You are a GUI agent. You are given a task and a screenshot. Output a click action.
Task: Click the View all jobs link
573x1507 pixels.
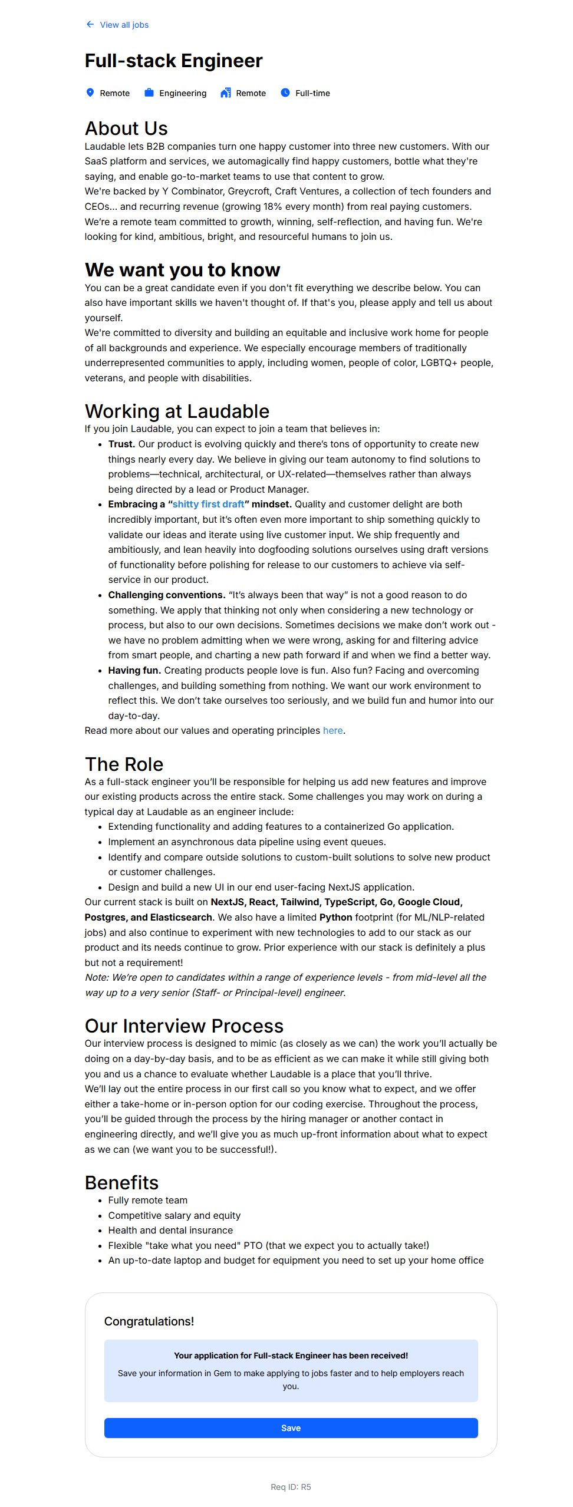click(124, 25)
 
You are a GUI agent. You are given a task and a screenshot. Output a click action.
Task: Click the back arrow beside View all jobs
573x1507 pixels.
click(90, 24)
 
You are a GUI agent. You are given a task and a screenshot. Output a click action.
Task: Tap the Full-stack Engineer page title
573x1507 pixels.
click(173, 61)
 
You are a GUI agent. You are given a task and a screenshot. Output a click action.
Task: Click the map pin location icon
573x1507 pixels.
click(90, 93)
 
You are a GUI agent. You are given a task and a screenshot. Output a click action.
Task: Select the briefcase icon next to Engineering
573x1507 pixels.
click(149, 93)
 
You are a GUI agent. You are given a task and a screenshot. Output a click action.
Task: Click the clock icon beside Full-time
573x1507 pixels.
click(285, 93)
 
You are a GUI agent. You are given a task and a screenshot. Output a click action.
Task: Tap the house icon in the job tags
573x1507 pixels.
click(226, 93)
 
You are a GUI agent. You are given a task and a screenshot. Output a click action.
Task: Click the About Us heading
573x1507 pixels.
click(126, 128)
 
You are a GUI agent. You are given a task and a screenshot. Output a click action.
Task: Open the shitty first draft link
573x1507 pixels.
click(208, 504)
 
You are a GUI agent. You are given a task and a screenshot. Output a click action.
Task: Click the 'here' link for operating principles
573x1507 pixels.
click(332, 731)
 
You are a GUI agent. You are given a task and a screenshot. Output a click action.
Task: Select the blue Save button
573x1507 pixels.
click(291, 1428)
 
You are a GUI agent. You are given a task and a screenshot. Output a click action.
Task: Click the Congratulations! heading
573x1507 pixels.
click(149, 1321)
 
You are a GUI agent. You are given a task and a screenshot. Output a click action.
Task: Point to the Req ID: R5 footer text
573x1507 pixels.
click(291, 1487)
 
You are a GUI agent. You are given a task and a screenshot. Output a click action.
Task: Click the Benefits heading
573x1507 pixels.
click(121, 1182)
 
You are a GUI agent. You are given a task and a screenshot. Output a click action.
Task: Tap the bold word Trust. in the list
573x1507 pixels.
click(121, 444)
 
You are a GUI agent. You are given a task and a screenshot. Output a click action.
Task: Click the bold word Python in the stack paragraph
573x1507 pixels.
click(335, 918)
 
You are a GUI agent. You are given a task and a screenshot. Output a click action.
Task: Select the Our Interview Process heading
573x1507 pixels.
click(184, 1026)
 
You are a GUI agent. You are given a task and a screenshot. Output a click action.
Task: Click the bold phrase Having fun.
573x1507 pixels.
click(134, 671)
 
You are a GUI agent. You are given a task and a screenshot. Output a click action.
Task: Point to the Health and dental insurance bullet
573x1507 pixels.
click(170, 1231)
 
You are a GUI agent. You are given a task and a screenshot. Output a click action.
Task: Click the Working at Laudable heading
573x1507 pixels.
click(177, 411)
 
